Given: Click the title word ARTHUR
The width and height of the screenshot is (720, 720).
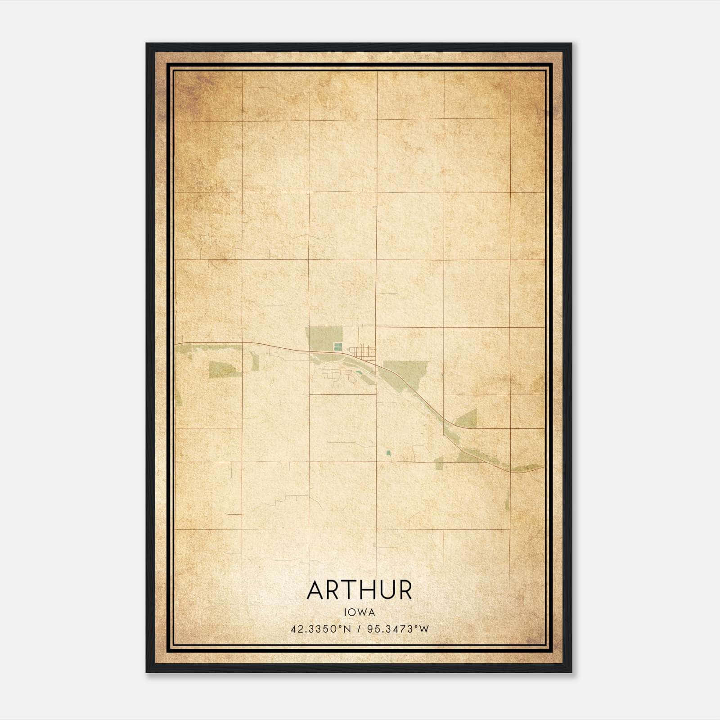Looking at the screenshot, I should click(359, 590).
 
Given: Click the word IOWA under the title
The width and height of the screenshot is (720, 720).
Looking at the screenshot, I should click(360, 612).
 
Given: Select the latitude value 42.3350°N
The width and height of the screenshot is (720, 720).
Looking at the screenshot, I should click(320, 629).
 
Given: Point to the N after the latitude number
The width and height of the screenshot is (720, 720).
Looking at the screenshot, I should click(347, 629).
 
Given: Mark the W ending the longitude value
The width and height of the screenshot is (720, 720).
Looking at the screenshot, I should click(424, 629).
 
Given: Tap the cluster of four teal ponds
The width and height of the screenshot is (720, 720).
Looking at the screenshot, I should click(337, 347).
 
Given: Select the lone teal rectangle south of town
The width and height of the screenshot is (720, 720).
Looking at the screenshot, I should click(388, 452).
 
